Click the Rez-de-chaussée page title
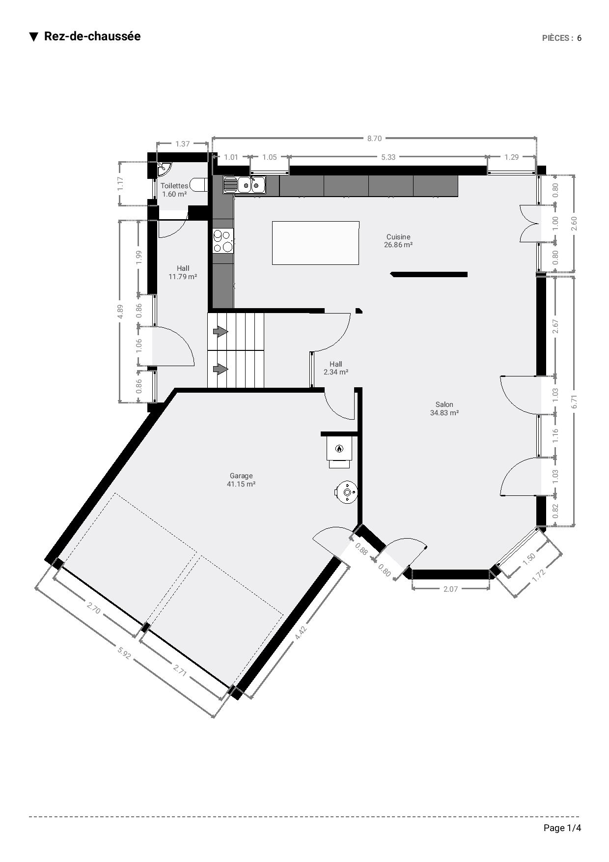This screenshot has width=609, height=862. click(92, 36)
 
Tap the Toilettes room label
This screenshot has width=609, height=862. click(174, 186)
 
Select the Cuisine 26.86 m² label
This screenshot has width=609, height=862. click(398, 241)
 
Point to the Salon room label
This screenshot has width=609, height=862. click(444, 404)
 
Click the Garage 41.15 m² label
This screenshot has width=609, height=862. click(241, 480)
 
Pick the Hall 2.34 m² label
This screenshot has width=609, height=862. click(336, 368)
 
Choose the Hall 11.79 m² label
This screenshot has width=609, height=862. click(183, 272)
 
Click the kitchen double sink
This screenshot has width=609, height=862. click(244, 185)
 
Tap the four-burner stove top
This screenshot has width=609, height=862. click(223, 241)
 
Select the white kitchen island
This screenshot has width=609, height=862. click(315, 243)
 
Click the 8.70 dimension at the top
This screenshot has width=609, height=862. click(374, 139)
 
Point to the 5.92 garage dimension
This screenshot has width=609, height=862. click(124, 652)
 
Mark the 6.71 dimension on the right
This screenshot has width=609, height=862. click(574, 402)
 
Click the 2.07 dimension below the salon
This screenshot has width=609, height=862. click(450, 589)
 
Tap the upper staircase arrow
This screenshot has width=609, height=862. click(221, 332)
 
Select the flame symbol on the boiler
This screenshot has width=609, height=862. click(339, 448)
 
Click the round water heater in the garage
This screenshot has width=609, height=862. click(347, 492)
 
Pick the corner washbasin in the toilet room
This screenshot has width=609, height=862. click(163, 169)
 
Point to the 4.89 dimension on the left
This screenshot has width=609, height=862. click(121, 311)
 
